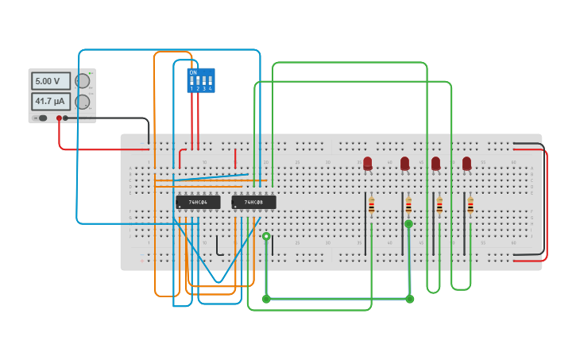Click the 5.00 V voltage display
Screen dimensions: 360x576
click(51, 81)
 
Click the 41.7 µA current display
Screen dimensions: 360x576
click(51, 102)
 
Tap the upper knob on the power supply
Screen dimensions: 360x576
click(82, 81)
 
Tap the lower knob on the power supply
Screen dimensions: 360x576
click(82, 102)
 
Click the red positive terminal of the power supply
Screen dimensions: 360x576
click(59, 118)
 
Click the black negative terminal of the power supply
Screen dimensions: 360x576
click(65, 118)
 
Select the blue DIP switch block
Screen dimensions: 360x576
click(200, 80)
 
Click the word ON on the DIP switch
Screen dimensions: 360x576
click(193, 72)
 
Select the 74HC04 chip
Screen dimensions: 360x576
click(198, 202)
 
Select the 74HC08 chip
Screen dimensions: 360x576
click(253, 202)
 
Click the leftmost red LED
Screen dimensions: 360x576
click(367, 163)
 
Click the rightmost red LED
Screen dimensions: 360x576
click(466, 163)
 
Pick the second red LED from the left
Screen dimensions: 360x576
click(404, 163)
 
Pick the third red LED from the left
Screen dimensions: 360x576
click(435, 163)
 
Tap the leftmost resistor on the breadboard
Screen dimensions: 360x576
click(371, 206)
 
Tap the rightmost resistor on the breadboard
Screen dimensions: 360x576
click(470, 206)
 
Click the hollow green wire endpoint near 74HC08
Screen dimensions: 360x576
click(266, 236)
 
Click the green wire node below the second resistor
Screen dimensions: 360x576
click(408, 224)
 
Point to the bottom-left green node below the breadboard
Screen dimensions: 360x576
click(266, 299)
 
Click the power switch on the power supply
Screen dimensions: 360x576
click(41, 118)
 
